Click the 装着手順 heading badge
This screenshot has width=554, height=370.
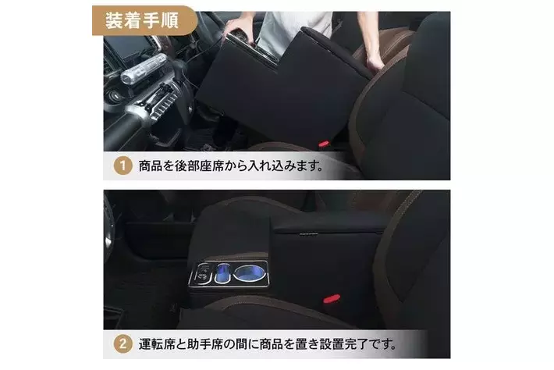click(x=144, y=20)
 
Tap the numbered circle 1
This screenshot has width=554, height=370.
click(x=123, y=165)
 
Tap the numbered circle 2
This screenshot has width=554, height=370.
click(x=123, y=343)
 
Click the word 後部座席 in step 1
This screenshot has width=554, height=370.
click(x=198, y=165)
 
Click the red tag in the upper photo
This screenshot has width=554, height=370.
click(x=324, y=144)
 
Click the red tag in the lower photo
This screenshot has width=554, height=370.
click(x=332, y=298)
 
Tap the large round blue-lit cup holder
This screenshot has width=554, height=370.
click(x=249, y=273)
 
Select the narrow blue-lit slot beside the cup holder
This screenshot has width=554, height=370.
click(x=222, y=273)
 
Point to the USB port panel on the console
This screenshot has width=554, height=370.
click(x=202, y=273)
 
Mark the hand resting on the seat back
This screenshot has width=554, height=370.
click(x=375, y=61)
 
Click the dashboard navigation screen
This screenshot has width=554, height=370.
click(x=126, y=47)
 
